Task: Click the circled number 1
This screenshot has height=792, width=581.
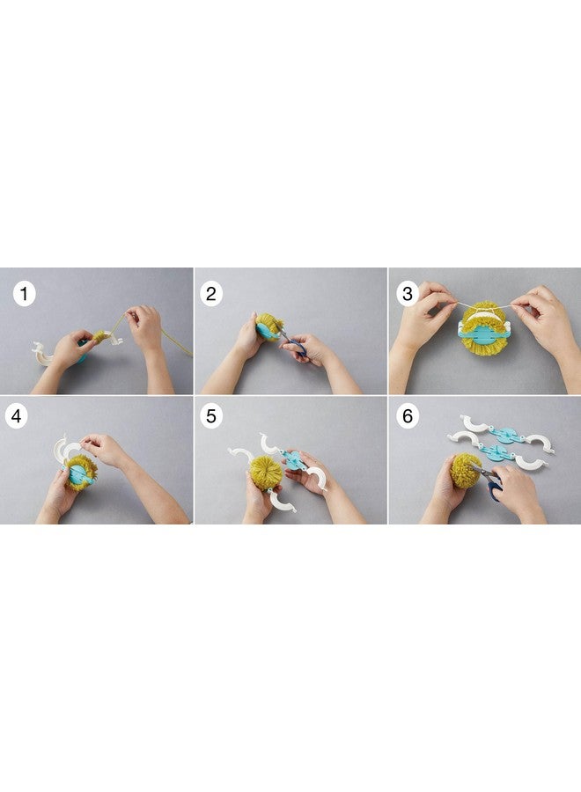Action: point(25,293)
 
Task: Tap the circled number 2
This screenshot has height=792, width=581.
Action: point(211,293)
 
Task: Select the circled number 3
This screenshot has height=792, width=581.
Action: point(408,293)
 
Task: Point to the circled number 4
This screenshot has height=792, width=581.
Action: point(17,416)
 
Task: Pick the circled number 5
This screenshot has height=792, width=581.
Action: point(211,416)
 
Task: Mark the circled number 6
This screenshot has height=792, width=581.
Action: point(408,416)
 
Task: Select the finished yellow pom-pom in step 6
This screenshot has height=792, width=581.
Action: point(466,470)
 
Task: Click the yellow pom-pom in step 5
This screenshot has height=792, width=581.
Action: point(266,473)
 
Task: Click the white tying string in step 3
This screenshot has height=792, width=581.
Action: point(483,304)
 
